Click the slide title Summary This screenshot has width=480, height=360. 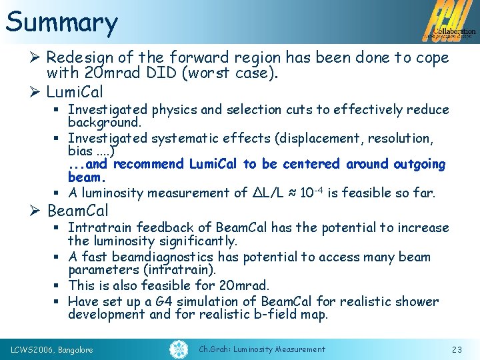click(x=61, y=22)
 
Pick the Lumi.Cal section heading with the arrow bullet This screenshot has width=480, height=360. click(x=75, y=91)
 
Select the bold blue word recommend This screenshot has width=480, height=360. click(x=152, y=164)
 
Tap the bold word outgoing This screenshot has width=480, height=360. click(x=420, y=164)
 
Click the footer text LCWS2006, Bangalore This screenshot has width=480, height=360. click(x=52, y=349)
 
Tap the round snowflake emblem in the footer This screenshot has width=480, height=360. click(x=178, y=349)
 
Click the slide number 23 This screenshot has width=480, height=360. click(x=457, y=349)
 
